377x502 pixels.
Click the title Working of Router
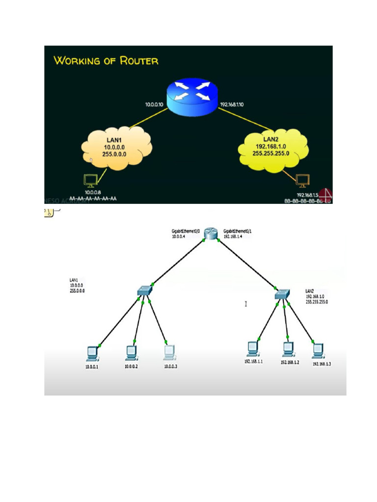pyautogui.click(x=106, y=61)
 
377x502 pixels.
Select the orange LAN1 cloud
pyautogui.click(x=117, y=148)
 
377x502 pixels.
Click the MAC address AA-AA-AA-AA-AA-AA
pyautogui.click(x=93, y=199)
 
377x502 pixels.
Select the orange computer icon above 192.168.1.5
pyautogui.click(x=301, y=181)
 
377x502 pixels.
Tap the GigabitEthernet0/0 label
pyautogui.click(x=184, y=230)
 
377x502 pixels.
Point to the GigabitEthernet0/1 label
pyautogui.click(x=238, y=230)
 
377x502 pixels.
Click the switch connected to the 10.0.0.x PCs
pyautogui.click(x=146, y=292)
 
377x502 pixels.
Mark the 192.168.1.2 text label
pyautogui.click(x=290, y=363)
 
